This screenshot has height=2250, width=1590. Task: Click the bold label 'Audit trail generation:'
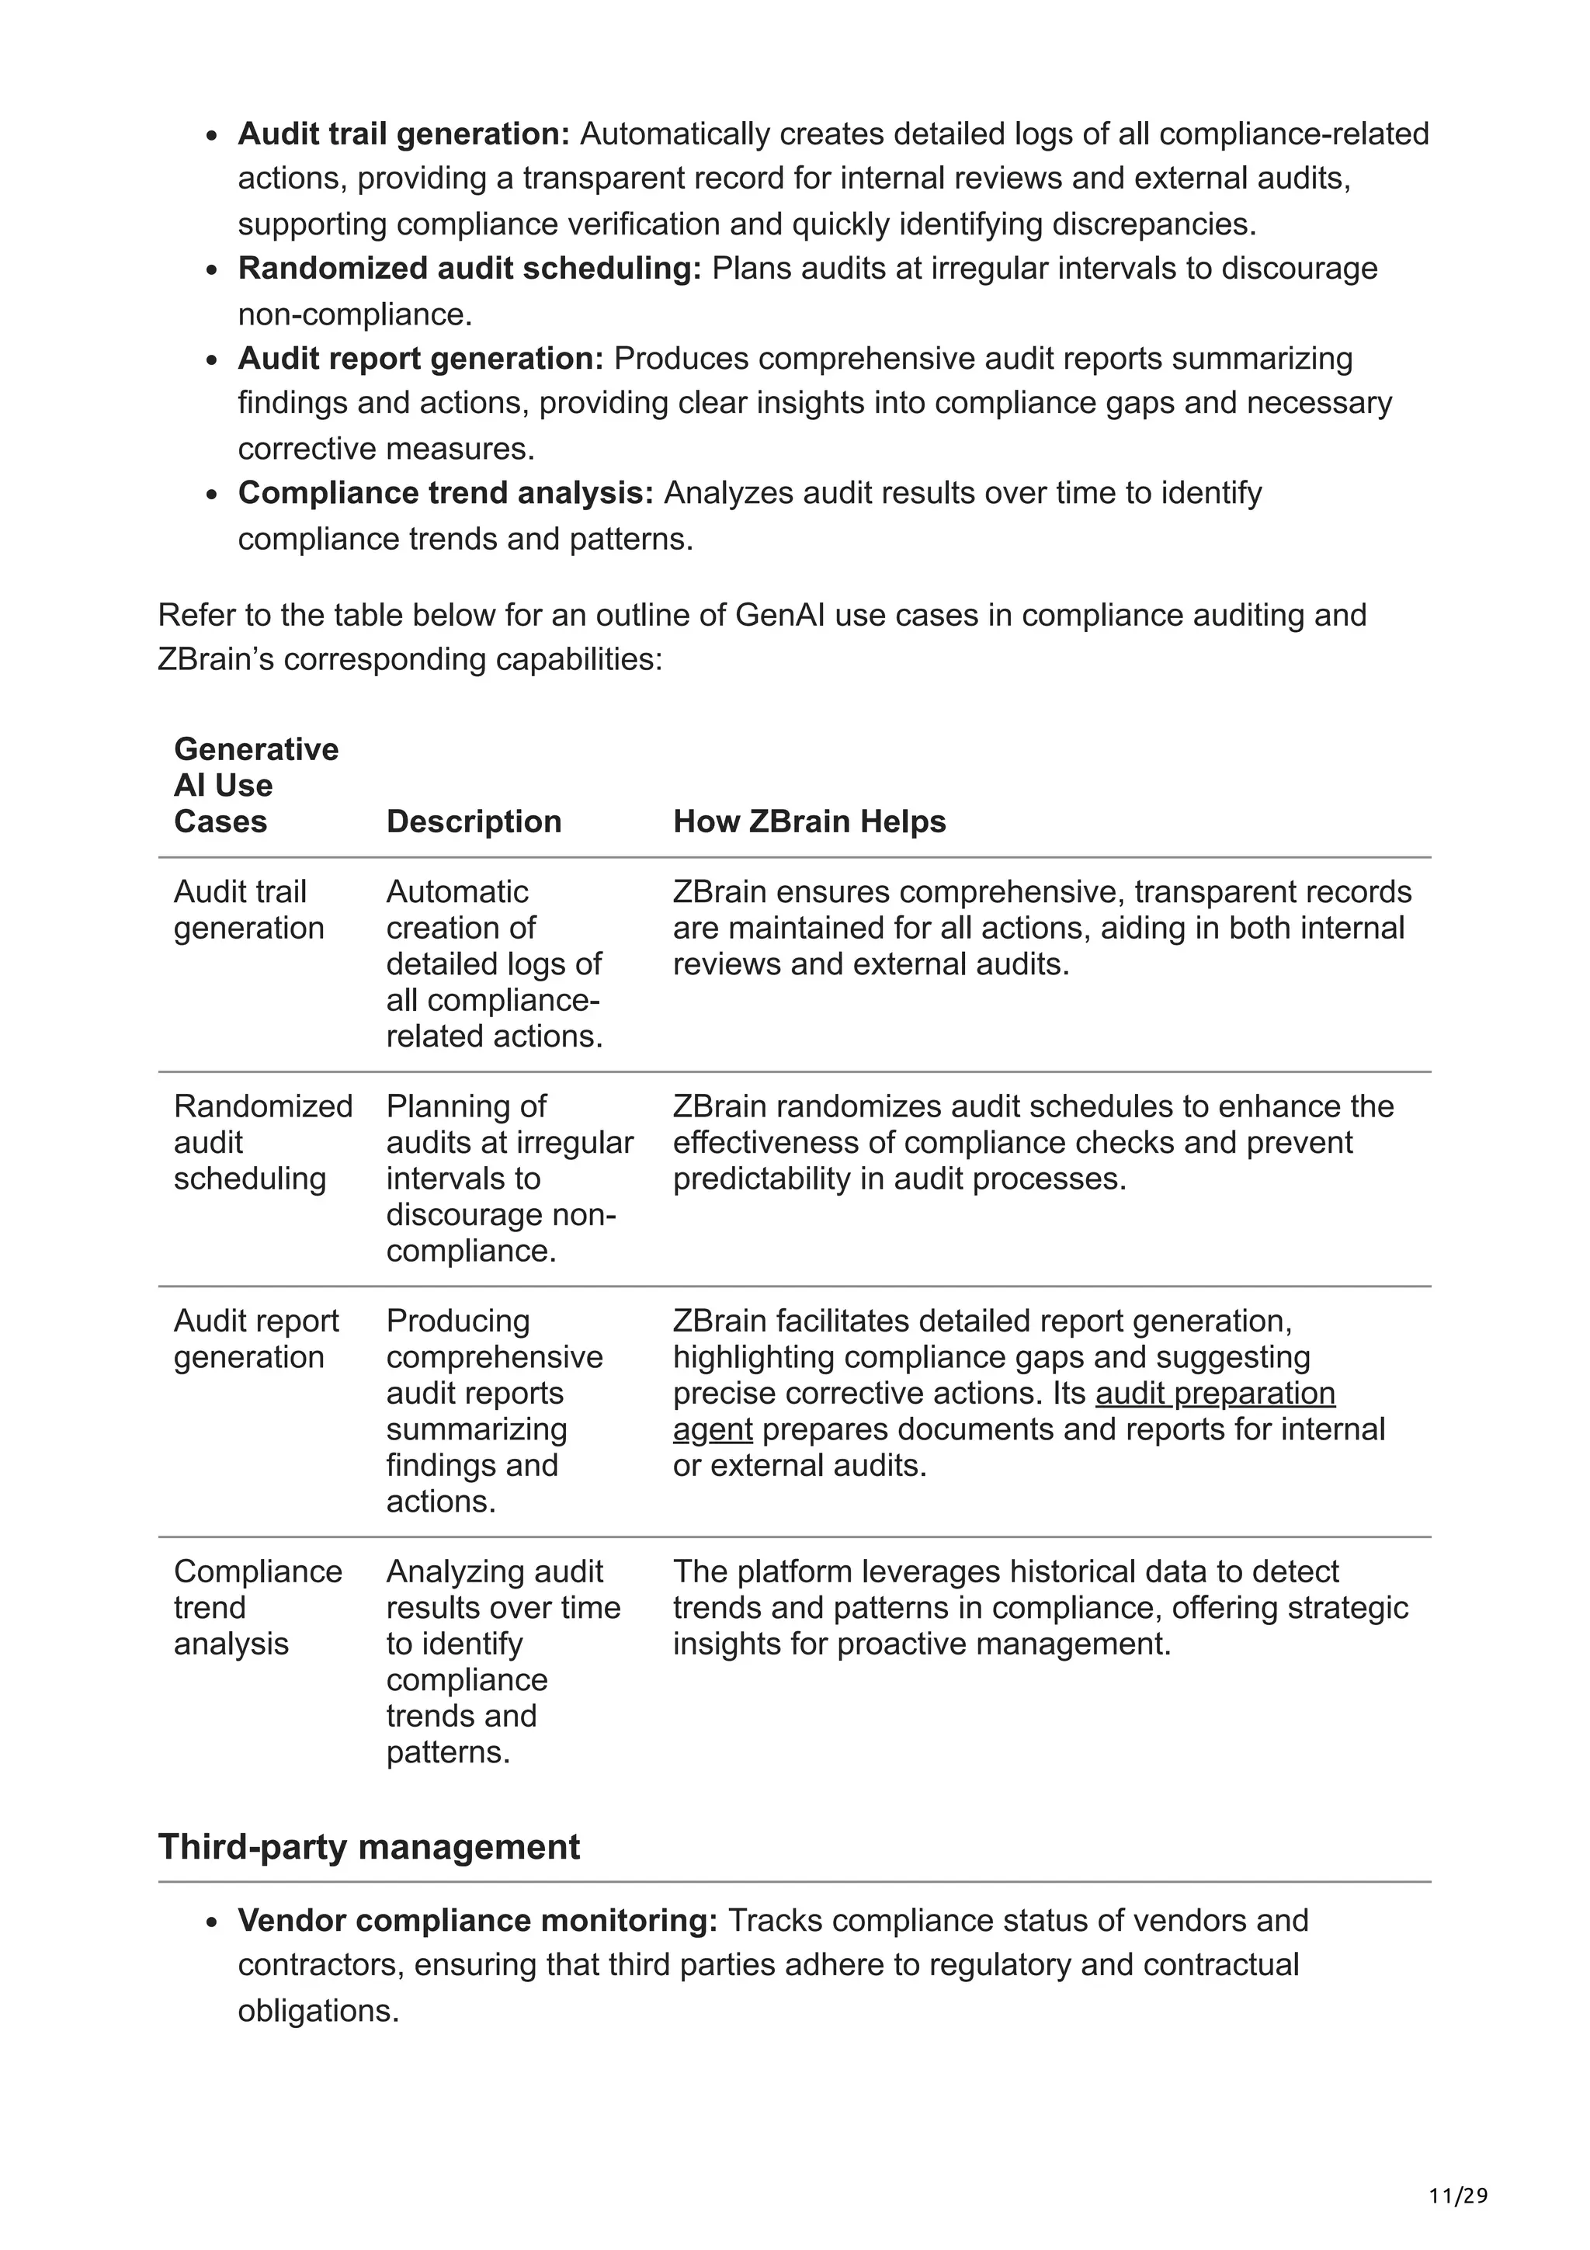coord(404,134)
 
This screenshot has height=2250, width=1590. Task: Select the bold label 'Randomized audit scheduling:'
coord(469,268)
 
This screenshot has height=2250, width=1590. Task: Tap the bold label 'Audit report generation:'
coord(420,358)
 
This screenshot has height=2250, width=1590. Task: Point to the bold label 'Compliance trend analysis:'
coord(445,492)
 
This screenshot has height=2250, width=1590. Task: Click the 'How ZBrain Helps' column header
coord(809,821)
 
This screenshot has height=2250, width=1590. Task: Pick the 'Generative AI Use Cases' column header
coord(255,785)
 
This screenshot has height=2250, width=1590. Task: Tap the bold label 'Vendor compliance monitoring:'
coord(477,1920)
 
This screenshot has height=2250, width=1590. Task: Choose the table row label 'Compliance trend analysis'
coord(257,1607)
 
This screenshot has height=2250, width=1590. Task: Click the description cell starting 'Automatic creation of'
coord(494,964)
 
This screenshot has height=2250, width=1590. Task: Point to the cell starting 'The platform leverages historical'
coord(1039,1607)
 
